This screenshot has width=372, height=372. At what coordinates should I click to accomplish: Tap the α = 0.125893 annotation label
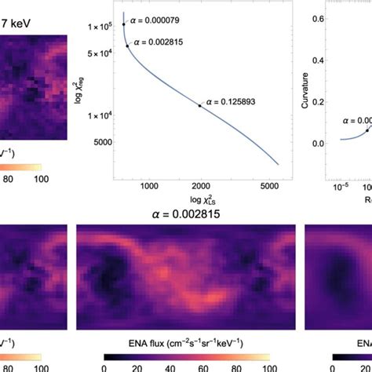(x=232, y=101)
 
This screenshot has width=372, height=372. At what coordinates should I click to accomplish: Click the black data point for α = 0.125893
(x=199, y=105)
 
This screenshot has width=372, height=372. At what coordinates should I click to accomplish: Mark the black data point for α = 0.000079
(x=123, y=25)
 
